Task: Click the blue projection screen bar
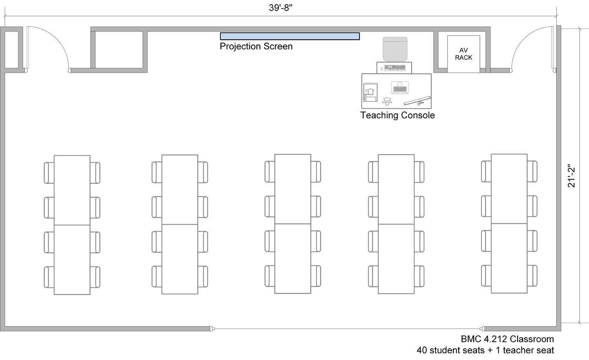(290, 36)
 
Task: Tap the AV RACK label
(464, 54)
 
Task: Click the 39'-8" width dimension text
(281, 8)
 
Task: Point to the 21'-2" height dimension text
(571, 176)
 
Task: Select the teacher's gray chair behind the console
(395, 49)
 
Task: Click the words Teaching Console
(397, 115)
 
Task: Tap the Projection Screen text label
(256, 46)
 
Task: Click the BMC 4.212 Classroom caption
(507, 339)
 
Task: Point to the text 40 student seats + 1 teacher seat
(485, 350)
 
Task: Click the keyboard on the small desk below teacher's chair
(394, 68)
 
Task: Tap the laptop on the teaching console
(400, 88)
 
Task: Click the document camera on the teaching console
(370, 92)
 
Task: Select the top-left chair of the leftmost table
(49, 173)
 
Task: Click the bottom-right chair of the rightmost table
(532, 276)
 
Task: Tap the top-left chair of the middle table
(270, 172)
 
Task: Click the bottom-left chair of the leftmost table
(49, 277)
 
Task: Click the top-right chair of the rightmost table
(532, 172)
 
